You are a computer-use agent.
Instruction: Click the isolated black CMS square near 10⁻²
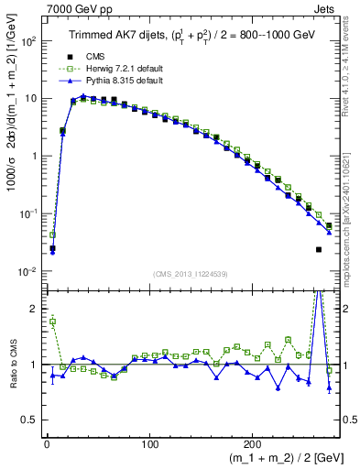click(319, 249)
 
